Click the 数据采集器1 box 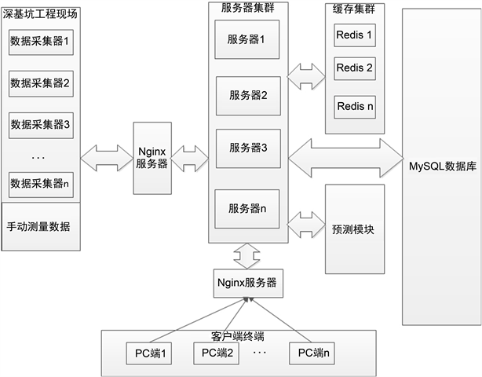click(x=41, y=42)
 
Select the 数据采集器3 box click(x=41, y=125)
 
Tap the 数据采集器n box click(x=41, y=185)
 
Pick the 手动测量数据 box click(x=41, y=226)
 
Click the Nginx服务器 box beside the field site click(x=152, y=158)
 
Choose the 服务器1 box click(x=246, y=39)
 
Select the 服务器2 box click(x=248, y=96)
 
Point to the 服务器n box click(x=246, y=209)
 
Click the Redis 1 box click(x=355, y=35)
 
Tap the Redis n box click(x=355, y=107)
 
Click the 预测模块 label click(x=353, y=229)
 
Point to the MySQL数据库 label click(x=442, y=167)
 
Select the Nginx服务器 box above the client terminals click(x=248, y=284)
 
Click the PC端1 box click(x=149, y=353)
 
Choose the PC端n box click(x=312, y=353)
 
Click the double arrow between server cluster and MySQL click(x=345, y=158)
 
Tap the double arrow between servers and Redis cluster click(x=306, y=76)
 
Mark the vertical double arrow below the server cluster click(x=246, y=256)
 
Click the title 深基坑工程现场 click(x=40, y=14)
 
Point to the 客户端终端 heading click(x=237, y=336)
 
